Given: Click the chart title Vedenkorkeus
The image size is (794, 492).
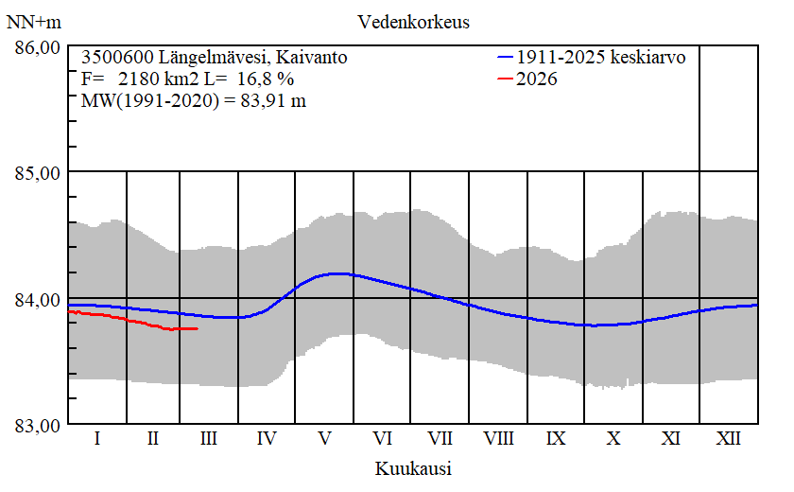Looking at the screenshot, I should (x=413, y=21).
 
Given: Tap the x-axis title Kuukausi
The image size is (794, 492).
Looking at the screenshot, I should (x=413, y=468).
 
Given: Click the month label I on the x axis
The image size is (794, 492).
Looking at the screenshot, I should (x=97, y=439).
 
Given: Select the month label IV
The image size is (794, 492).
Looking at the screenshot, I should (x=267, y=439).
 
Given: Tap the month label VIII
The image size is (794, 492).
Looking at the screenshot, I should (x=498, y=439).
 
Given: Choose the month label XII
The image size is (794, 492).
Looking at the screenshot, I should (x=728, y=439).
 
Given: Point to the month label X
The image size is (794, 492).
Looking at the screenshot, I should (x=613, y=439).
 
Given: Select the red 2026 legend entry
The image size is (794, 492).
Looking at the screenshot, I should (x=536, y=79).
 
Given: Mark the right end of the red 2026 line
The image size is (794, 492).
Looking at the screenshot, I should (x=197, y=328).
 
